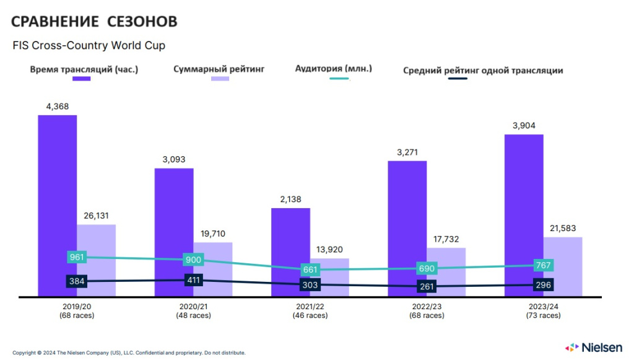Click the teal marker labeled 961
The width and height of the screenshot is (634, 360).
[x=77, y=257]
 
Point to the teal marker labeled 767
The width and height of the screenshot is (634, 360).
[x=542, y=265]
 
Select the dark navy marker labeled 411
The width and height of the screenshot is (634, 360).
[x=193, y=280]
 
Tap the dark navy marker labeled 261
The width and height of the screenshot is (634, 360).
[x=427, y=286]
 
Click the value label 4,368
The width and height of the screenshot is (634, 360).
[x=57, y=106]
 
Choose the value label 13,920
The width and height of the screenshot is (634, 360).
[x=329, y=249]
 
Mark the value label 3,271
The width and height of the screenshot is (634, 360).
[x=407, y=151]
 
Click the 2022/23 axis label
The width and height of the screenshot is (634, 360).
[x=427, y=307]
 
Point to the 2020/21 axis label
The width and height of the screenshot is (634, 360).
[x=193, y=307]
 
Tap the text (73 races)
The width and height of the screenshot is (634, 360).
[x=543, y=315]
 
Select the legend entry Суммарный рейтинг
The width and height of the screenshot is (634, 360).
[x=219, y=69]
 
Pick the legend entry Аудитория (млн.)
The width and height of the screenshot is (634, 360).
[x=333, y=68]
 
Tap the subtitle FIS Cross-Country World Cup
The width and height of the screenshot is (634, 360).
[x=89, y=45]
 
